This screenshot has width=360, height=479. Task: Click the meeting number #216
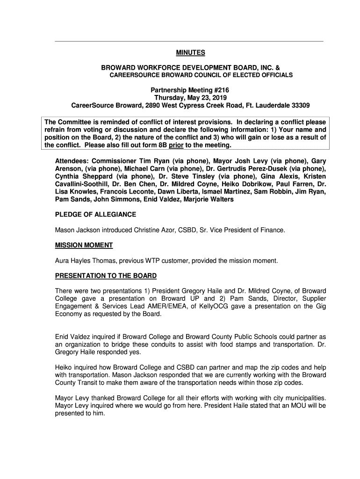(221, 89)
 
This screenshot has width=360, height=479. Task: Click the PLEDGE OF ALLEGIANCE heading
(95, 214)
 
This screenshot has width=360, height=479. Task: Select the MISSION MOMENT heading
(84, 245)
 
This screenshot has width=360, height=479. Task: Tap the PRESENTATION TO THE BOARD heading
(106, 276)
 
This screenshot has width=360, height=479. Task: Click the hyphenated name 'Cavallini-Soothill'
(82, 184)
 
